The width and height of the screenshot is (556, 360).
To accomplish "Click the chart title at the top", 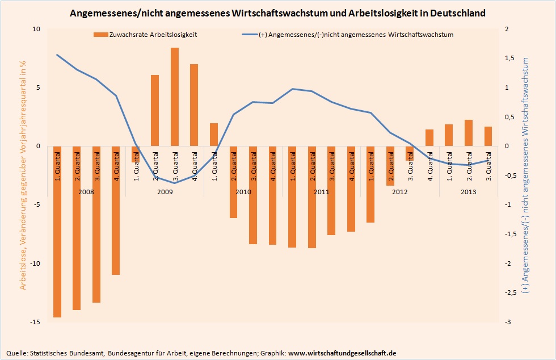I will (277, 12).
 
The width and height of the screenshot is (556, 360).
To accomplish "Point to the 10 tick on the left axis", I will (37, 29).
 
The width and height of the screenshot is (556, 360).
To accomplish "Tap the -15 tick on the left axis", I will (36, 322).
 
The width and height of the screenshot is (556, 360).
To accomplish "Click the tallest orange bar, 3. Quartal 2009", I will (175, 97).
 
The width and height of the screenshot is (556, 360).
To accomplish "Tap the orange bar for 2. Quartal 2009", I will (155, 110).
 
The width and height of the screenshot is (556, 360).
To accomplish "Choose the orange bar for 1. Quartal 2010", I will (214, 135).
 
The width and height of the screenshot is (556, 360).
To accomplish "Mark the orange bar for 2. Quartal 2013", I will (468, 133).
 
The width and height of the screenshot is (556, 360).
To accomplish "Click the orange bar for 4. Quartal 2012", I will (429, 138).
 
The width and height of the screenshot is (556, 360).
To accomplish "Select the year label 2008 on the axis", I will (86, 192).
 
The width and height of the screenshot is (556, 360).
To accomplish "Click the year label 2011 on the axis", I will (321, 192).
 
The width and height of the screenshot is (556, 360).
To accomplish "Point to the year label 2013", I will (468, 192).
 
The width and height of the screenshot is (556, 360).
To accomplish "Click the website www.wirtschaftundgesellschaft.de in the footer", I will (342, 353).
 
